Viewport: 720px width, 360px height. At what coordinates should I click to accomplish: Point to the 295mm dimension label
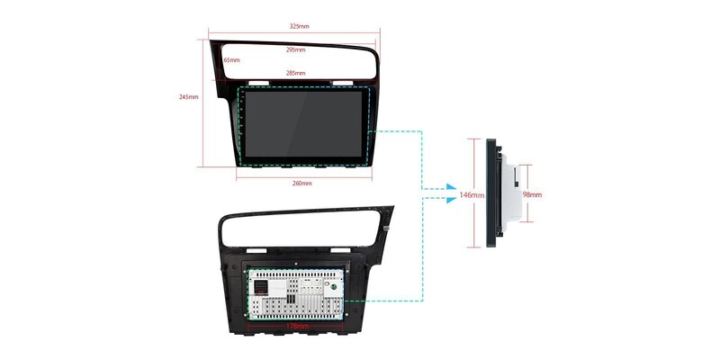tap(295, 49)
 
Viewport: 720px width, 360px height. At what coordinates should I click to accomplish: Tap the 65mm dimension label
tap(231, 60)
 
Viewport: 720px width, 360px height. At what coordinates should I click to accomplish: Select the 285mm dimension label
tap(295, 73)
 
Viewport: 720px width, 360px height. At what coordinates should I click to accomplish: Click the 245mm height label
tap(189, 96)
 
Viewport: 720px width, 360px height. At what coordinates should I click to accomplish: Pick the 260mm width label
tap(302, 184)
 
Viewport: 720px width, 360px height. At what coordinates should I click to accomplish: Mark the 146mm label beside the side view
tap(472, 194)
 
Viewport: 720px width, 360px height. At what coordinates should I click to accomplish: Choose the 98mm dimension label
tap(532, 194)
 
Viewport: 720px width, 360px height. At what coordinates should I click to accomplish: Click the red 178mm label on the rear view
tap(298, 326)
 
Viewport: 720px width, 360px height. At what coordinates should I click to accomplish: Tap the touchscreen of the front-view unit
tap(305, 126)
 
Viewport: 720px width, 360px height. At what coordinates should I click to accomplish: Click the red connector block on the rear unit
tap(259, 284)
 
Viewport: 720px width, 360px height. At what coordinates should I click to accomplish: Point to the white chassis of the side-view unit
tap(510, 193)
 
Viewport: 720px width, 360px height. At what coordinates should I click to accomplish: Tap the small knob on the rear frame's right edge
tap(386, 228)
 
